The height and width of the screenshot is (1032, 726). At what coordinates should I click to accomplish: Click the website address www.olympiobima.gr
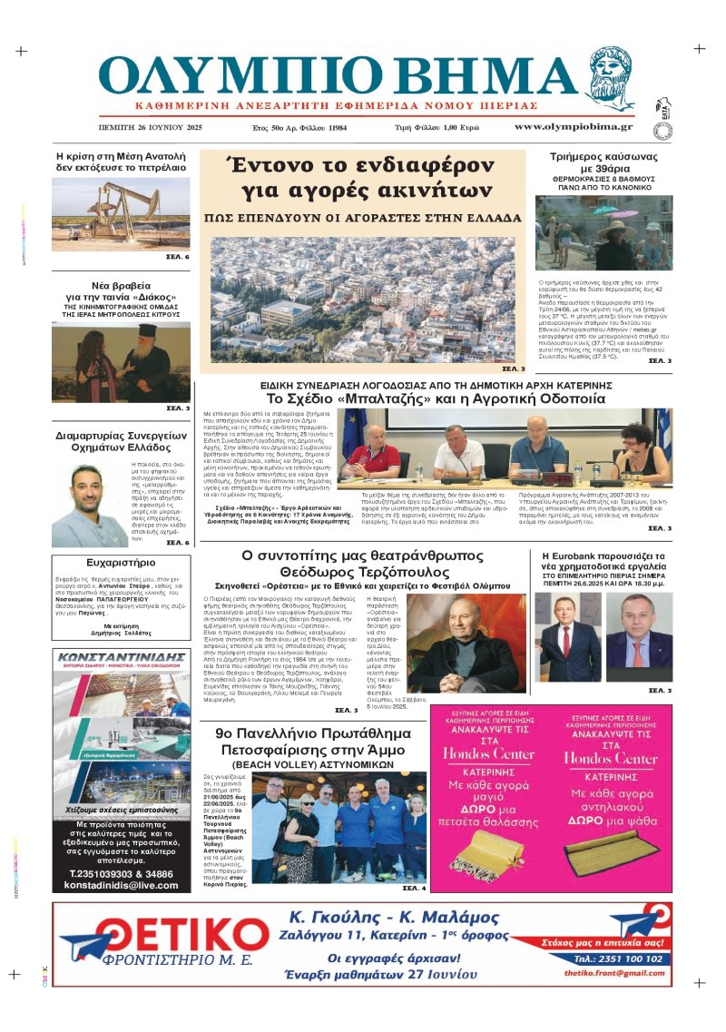pyautogui.click(x=574, y=127)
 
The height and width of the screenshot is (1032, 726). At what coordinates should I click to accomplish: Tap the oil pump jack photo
pyautogui.click(x=121, y=213)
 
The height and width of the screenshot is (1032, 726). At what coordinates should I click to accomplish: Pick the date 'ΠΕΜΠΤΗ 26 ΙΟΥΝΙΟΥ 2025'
pyautogui.click(x=151, y=128)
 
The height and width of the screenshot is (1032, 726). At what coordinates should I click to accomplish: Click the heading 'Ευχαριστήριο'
pyautogui.click(x=109, y=563)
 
